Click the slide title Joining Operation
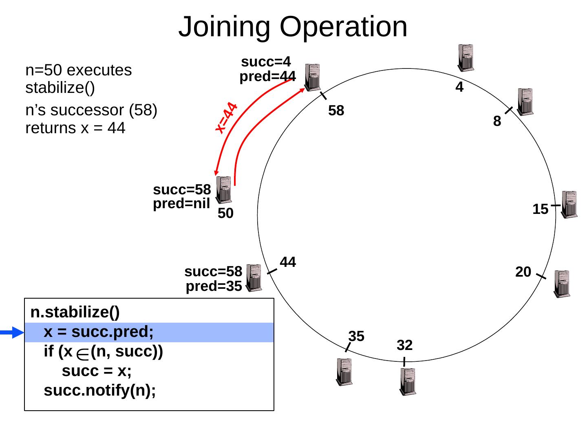(293, 27)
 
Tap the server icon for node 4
(466, 57)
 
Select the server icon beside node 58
(312, 77)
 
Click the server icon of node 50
(224, 189)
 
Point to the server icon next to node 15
(569, 204)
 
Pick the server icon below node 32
(408, 381)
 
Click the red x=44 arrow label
(227, 118)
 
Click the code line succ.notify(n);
(100, 391)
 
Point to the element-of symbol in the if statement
(83, 355)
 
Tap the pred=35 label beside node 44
(214, 286)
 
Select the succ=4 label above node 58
(266, 62)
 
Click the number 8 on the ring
(497, 121)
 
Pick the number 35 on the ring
(356, 336)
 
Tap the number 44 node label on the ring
(288, 262)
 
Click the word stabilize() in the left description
(60, 88)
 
